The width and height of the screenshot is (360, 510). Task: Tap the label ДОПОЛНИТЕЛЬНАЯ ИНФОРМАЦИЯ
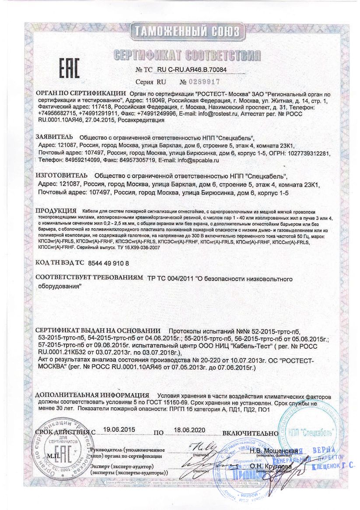[x=92, y=395]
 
